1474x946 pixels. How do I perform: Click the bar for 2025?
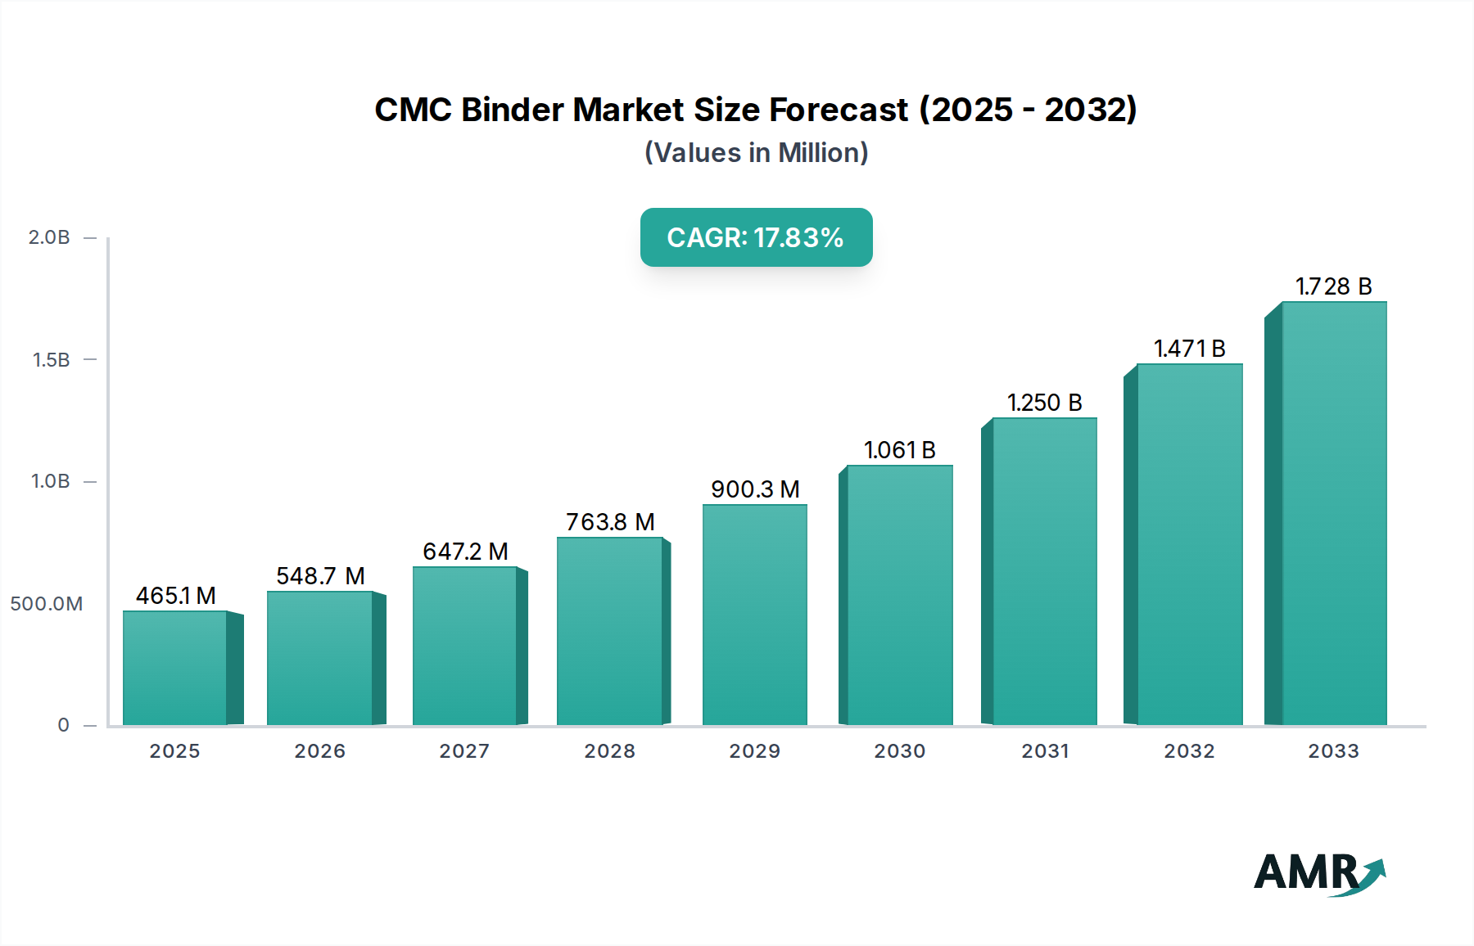point(174,668)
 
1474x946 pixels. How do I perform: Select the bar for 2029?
point(754,615)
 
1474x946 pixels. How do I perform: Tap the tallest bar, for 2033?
point(1334,513)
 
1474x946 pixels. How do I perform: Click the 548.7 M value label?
point(320,576)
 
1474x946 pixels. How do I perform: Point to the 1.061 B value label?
point(899,450)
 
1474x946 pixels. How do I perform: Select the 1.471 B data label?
point(1189,349)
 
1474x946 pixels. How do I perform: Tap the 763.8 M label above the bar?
point(610,522)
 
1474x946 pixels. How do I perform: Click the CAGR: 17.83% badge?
point(756,237)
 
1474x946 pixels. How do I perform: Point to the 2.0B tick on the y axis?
point(49,237)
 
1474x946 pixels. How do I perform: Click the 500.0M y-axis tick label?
point(47,604)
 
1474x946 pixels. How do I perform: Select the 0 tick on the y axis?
point(63,725)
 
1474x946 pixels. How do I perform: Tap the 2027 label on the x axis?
point(464,751)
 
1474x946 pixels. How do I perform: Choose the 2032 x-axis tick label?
point(1189,751)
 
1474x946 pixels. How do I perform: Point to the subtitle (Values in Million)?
point(756,153)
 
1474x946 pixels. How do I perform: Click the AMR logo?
point(1318,873)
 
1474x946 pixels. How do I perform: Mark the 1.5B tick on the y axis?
point(51,360)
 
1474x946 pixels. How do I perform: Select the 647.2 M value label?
point(465,552)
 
